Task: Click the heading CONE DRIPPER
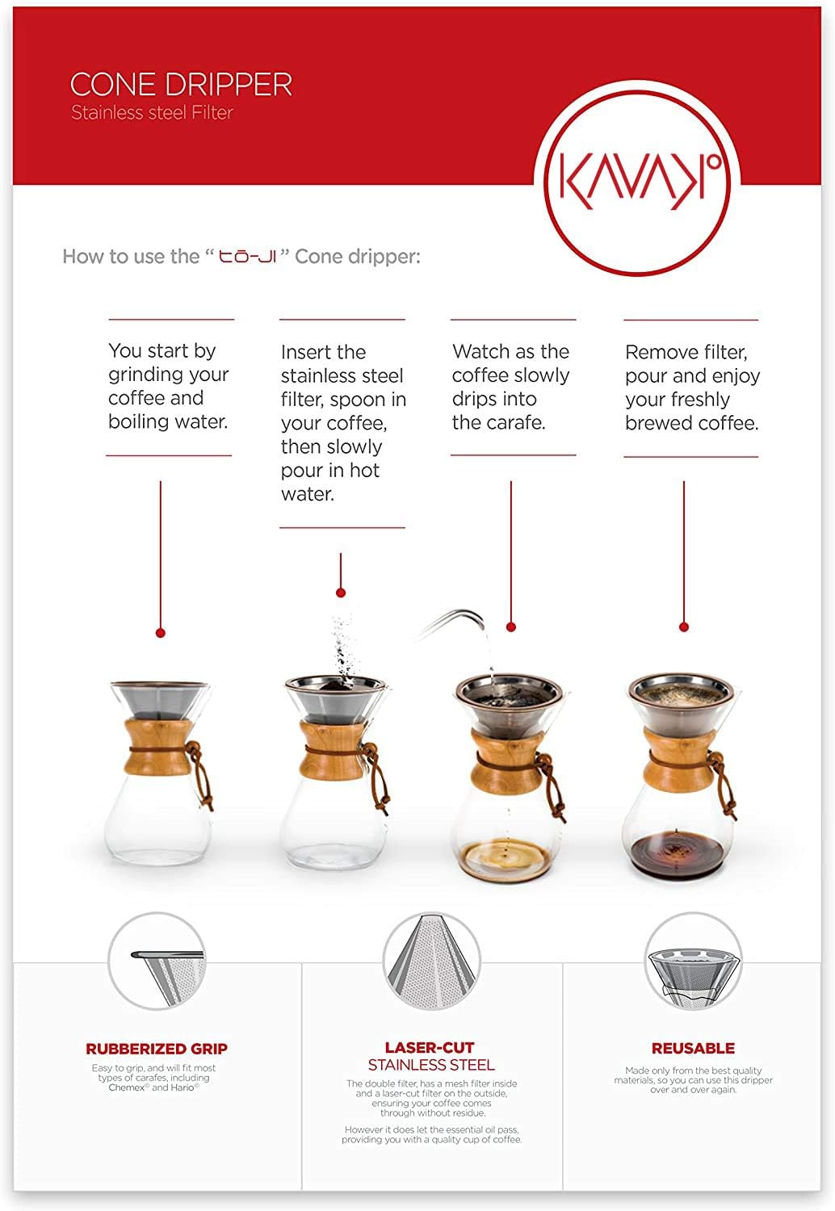181,85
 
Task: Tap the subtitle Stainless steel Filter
152,113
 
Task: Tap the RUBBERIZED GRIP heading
157,1049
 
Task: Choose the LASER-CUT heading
430,1047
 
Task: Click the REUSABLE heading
693,1048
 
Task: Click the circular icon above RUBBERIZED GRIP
157,962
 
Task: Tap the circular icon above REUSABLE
693,962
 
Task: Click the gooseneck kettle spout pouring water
452,622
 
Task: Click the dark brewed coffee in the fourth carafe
678,853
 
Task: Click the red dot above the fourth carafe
684,626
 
